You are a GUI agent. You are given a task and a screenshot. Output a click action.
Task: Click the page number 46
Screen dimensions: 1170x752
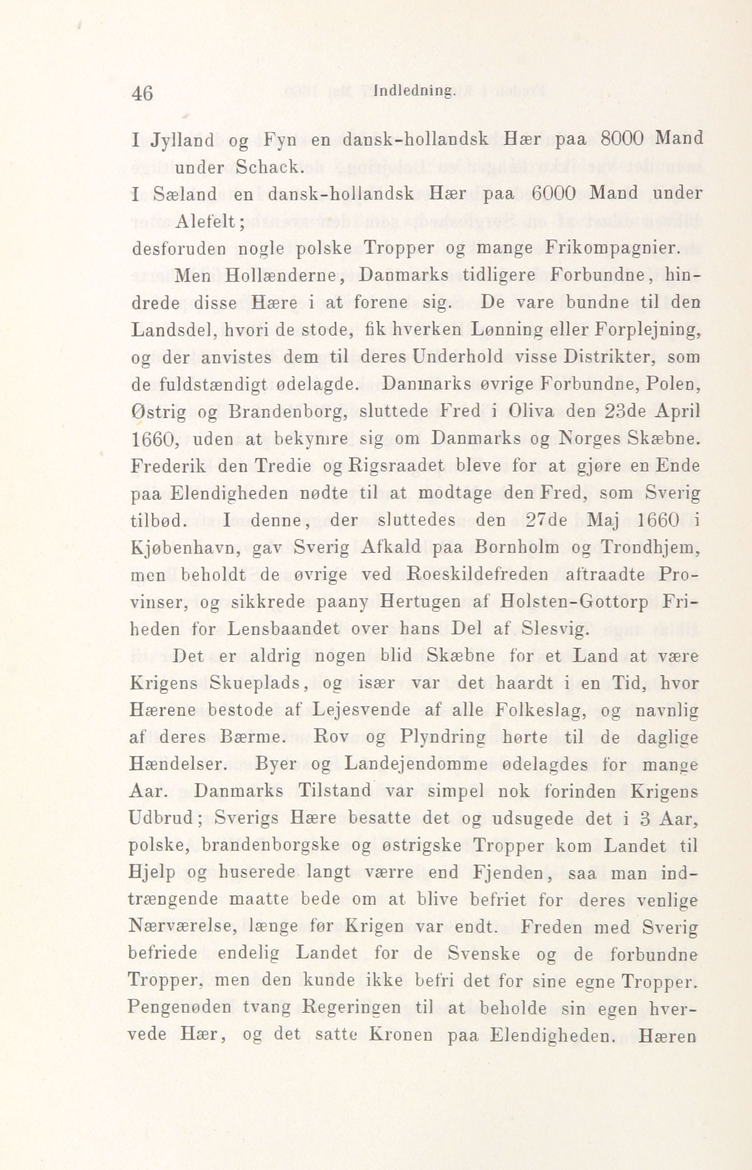pos(143,93)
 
